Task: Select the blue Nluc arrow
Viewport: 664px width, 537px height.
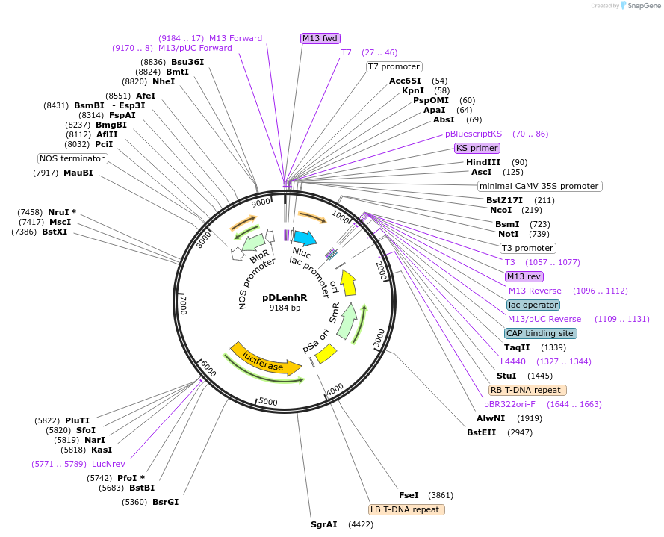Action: (x=305, y=238)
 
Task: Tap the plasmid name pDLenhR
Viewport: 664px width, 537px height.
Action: (x=285, y=298)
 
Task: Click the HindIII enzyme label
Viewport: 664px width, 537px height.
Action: (x=483, y=162)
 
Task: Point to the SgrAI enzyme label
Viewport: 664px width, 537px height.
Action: (x=324, y=525)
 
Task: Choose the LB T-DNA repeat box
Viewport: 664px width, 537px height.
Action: (x=406, y=509)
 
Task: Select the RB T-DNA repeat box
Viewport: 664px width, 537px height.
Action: (x=527, y=390)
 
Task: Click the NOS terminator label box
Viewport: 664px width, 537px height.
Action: (x=72, y=158)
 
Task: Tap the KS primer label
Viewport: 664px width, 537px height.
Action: (x=477, y=148)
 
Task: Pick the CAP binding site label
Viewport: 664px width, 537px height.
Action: (x=540, y=333)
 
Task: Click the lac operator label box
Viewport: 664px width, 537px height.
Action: (x=533, y=305)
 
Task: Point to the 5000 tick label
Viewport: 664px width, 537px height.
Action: (x=268, y=401)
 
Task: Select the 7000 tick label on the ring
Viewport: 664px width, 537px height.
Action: (x=183, y=305)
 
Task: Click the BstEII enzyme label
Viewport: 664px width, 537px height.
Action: (x=481, y=432)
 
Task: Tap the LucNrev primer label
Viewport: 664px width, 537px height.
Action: (x=108, y=464)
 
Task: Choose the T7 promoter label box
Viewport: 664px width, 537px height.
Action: (x=394, y=66)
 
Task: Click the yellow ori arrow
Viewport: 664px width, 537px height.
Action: (x=349, y=282)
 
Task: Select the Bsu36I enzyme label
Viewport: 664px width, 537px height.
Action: (x=187, y=62)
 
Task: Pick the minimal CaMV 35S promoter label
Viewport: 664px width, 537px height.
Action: (x=539, y=186)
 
